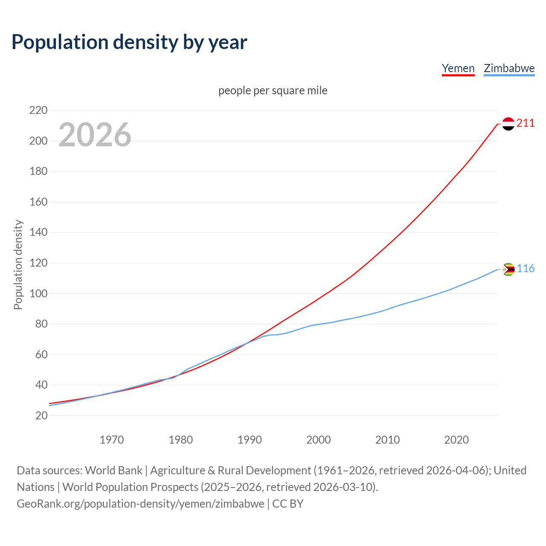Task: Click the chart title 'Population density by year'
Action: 129,42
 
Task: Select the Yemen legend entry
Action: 458,68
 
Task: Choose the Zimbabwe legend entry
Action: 509,68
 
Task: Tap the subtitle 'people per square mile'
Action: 273,90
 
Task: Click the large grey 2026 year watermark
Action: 95,135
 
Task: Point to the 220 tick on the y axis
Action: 38,110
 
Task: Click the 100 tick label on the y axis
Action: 38,293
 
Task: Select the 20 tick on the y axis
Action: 41,415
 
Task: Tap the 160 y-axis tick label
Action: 38,202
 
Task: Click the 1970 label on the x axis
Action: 112,440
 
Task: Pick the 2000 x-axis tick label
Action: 319,440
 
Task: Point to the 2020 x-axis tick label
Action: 456,440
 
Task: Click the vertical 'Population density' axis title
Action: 18,264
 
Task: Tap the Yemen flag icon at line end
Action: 508,124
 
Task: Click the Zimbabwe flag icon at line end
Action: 508,269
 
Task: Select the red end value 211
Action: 526,123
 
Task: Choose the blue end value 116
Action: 526,269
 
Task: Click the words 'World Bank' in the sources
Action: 113,470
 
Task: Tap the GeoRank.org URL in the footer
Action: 140,504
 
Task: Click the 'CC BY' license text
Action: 288,504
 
